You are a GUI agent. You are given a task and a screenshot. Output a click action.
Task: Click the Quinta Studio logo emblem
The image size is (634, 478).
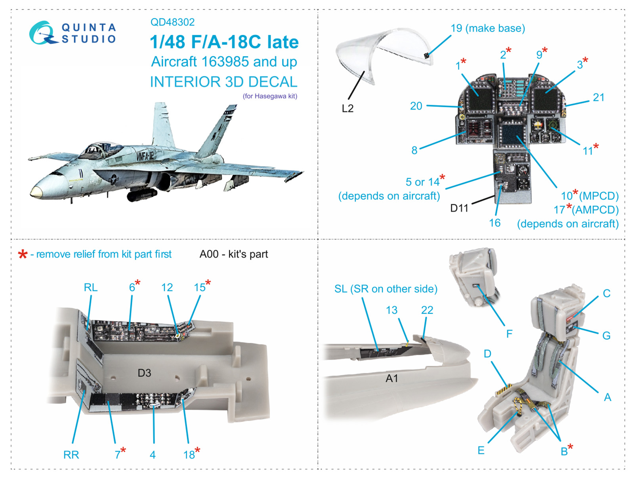[42, 33]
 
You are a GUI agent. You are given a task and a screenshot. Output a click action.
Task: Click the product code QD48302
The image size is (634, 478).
[172, 22]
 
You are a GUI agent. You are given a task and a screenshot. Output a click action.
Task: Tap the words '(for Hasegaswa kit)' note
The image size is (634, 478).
[270, 96]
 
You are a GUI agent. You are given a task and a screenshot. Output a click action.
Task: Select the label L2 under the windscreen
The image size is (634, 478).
[348, 108]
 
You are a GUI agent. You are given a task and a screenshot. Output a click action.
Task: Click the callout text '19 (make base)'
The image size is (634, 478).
[487, 28]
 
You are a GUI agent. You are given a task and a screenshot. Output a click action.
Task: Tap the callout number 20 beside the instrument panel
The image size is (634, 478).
[416, 106]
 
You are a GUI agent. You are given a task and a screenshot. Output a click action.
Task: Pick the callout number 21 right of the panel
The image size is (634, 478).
[598, 97]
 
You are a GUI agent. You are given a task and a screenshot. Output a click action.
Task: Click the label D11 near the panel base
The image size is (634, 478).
[459, 208]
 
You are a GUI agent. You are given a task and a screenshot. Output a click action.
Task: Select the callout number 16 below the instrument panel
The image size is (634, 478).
[495, 223]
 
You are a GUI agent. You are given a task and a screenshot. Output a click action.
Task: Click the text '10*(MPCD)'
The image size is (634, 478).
[590, 195]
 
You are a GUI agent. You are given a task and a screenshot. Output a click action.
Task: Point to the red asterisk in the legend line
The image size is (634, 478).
[23, 254]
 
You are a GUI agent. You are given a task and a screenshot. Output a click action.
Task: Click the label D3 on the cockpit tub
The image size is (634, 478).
[144, 373]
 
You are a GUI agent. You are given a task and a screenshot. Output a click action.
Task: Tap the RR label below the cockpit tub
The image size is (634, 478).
[71, 455]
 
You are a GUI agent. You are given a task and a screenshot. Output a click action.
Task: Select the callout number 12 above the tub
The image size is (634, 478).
[167, 288]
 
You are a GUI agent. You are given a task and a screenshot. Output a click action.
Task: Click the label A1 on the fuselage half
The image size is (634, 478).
[391, 379]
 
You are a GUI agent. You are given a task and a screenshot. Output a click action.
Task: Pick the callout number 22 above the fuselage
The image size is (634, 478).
[427, 310]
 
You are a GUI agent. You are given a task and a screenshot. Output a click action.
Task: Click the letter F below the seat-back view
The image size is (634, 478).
[509, 334]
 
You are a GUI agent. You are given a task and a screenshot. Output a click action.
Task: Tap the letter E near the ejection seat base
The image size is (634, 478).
[481, 451]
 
